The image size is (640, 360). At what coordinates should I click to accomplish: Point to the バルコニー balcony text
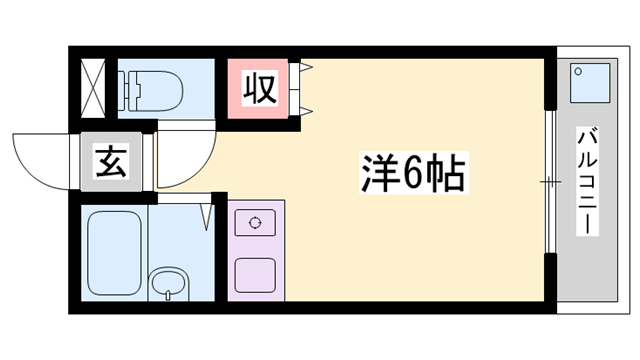point(588,181)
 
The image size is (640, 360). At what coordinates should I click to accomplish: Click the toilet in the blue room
point(155,89)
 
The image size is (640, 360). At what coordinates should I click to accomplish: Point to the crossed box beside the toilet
point(93,87)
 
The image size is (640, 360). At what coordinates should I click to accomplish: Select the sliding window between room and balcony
point(549,181)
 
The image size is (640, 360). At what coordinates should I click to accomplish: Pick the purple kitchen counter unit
point(255,249)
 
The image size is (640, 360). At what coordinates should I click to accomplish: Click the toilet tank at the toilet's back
point(127,89)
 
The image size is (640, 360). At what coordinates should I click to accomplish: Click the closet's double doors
point(304,88)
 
